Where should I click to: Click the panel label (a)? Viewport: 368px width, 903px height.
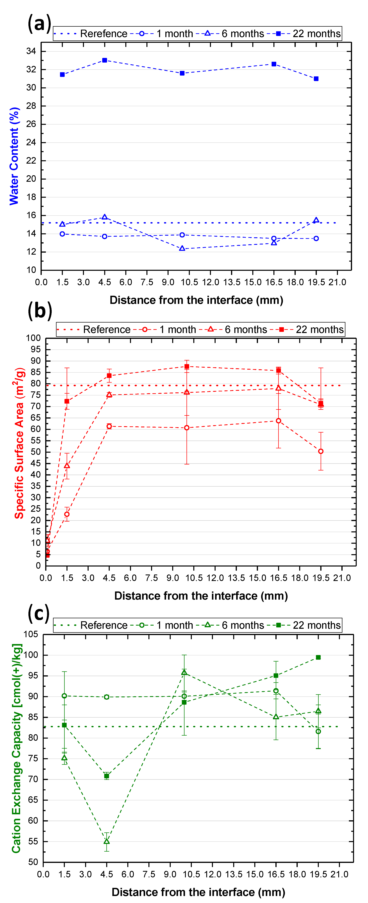39,24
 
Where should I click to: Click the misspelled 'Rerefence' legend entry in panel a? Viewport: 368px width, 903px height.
104,34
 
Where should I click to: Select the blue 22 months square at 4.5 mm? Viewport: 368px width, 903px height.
105,60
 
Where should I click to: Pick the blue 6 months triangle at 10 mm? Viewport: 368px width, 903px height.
182,248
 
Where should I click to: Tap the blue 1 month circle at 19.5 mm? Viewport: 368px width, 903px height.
316,238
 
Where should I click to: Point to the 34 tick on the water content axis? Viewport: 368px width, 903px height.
31,51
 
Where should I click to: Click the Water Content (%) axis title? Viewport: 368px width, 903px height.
14,156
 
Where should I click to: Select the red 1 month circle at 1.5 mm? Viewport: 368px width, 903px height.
67,514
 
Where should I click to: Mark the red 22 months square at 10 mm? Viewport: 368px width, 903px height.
187,366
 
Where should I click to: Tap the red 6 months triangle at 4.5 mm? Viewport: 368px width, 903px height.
109,395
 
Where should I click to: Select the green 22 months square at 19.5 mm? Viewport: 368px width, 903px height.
318,657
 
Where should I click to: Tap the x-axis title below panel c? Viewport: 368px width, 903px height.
198,892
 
